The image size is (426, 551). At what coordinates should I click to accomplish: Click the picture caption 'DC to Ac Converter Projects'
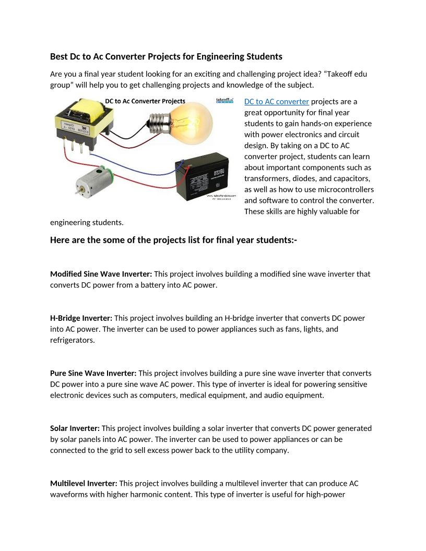pyautogui.click(x=145, y=101)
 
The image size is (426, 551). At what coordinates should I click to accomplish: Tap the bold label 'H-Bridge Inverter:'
pyautogui.click(x=81, y=318)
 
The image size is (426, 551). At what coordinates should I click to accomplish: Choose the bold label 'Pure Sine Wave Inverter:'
pyautogui.click(x=93, y=373)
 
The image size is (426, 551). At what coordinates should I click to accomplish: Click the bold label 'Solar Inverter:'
pyautogui.click(x=75, y=428)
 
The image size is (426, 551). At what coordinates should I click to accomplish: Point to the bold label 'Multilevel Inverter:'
pyautogui.click(x=84, y=484)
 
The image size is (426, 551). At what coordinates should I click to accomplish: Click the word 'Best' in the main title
pyautogui.click(x=59, y=56)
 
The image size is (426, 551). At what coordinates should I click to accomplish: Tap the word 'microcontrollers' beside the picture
pyautogui.click(x=346, y=189)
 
